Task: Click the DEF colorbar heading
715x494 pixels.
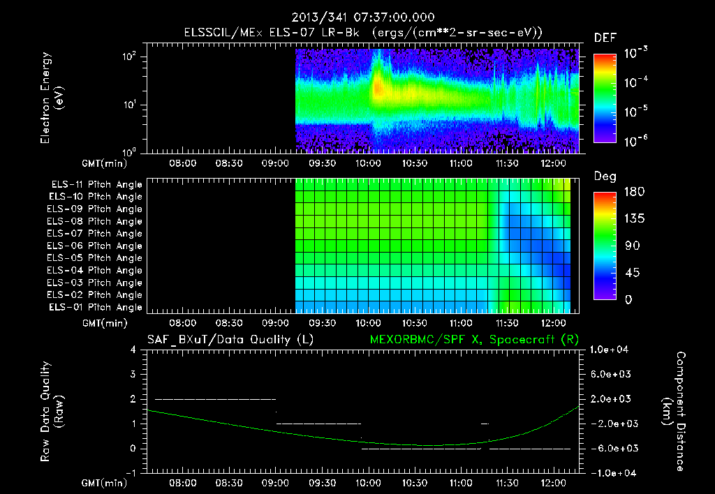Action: click(605, 38)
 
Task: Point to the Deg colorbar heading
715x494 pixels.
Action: click(605, 177)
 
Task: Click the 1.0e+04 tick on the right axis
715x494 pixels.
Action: click(610, 350)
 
